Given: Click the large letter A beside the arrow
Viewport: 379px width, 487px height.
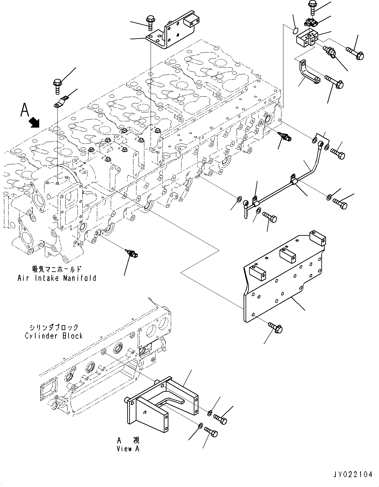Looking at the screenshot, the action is pos(25,110).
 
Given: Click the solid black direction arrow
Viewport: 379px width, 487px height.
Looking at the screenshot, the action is pos(35,123).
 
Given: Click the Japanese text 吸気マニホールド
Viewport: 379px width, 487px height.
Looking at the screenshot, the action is pos(57,269).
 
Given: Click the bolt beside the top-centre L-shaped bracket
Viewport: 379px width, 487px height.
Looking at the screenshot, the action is pos(149,23).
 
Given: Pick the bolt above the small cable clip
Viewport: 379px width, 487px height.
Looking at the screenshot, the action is pos(58,86).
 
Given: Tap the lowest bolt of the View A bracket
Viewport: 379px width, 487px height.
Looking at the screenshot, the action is pos(211,432).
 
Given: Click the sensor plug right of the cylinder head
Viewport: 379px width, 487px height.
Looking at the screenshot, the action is pos(285,137).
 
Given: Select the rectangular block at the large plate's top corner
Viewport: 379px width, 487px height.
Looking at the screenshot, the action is pos(318,238).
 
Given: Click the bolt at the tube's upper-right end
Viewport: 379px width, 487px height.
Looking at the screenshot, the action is pos(338,154).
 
